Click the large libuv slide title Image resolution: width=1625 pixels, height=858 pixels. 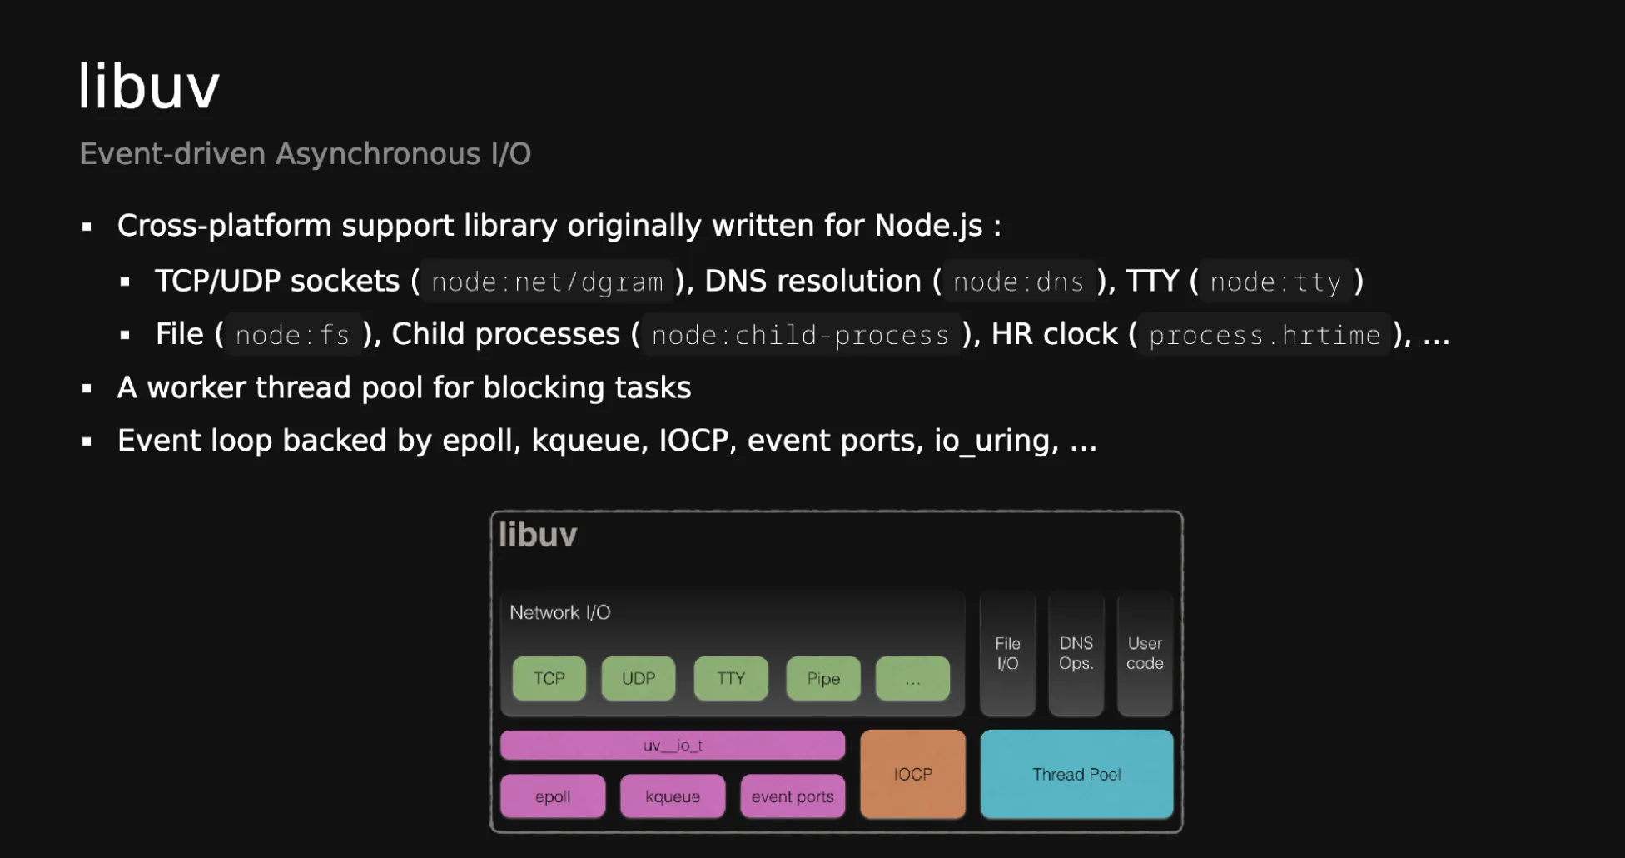click(x=149, y=86)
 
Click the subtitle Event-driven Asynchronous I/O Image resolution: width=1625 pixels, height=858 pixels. click(x=305, y=154)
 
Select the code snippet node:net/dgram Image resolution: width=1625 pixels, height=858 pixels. click(x=547, y=282)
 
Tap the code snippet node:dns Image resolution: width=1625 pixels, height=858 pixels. click(x=1018, y=282)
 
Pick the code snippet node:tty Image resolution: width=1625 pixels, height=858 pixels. click(x=1275, y=282)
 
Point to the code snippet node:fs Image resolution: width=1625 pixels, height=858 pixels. click(x=292, y=335)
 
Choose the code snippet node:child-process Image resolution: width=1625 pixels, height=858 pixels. click(x=800, y=335)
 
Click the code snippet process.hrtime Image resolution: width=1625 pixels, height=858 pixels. click(x=1265, y=335)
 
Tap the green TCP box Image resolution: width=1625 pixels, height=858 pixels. click(x=549, y=678)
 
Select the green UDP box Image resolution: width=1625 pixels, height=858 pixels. click(x=639, y=678)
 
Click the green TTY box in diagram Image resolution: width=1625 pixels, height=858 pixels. click(x=731, y=678)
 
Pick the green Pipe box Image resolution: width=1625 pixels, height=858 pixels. click(x=823, y=678)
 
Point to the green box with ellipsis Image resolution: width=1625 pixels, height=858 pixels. click(x=912, y=678)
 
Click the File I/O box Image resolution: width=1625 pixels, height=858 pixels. click(x=1007, y=654)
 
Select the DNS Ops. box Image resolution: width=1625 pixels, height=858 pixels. click(x=1076, y=654)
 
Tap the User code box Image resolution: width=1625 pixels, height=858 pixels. click(x=1145, y=654)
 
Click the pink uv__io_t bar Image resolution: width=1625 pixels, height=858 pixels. click(x=673, y=745)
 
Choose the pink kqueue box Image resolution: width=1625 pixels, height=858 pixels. click(x=673, y=796)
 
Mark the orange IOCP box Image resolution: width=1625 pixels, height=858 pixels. click(x=913, y=774)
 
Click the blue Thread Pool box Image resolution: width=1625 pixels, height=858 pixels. click(x=1076, y=774)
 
